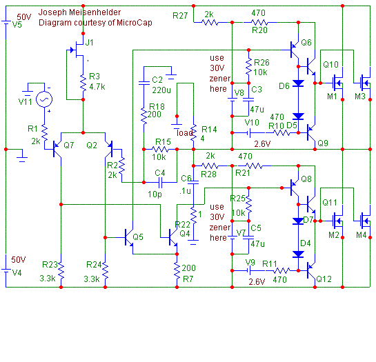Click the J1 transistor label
coord(89,43)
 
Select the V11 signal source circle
coord(44,99)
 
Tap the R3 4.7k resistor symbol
coord(83,83)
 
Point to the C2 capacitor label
coord(157,80)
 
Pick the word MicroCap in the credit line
coord(135,23)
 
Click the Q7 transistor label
coord(68,145)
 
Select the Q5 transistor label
coord(138,237)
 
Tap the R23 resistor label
coord(50,264)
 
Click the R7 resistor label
coord(188,279)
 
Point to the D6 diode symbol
coord(298,83)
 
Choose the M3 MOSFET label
coord(360,97)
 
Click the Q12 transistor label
coord(324,279)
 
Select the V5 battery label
coord(17,25)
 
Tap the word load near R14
coord(184,133)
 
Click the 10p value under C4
coord(155,194)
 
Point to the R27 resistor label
coord(180,16)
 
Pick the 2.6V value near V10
coord(262,144)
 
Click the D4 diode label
coord(305,243)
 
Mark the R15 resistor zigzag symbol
coord(161,150)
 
